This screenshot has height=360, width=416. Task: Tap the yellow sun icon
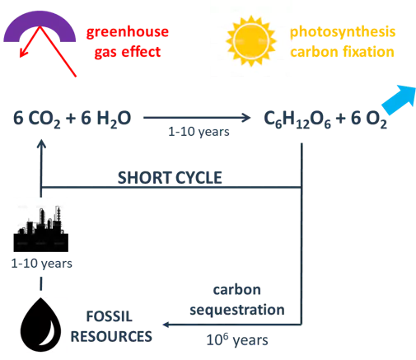[251, 41]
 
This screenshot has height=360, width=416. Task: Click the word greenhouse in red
[128, 33]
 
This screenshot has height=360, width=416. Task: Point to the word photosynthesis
[343, 32]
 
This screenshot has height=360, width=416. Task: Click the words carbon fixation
[342, 52]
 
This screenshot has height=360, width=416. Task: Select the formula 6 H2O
[106, 119]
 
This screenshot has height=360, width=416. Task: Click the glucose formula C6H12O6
[297, 119]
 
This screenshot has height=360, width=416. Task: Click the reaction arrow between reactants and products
[197, 118]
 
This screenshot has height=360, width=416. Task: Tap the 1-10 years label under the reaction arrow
[199, 132]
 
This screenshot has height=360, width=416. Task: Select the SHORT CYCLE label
[170, 177]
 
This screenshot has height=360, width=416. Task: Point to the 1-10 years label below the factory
[41, 264]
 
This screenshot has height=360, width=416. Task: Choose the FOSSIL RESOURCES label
[111, 326]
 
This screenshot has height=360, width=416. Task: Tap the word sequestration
[237, 310]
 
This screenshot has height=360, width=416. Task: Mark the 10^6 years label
[237, 339]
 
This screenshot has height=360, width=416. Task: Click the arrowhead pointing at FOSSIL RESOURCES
[166, 325]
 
